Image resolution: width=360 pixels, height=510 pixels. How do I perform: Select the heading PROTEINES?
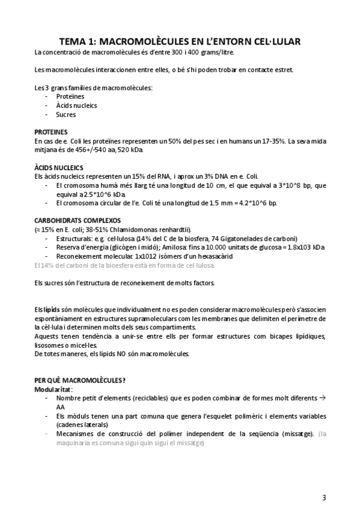tap(51, 131)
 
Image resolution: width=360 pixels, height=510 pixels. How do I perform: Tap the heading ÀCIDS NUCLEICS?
tap(59, 167)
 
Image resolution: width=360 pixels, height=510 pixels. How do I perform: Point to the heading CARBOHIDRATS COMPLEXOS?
tap(78, 220)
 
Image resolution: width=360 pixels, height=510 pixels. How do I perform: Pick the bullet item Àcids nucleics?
tap(76, 105)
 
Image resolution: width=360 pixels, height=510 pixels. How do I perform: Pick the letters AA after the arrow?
tap(61, 407)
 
